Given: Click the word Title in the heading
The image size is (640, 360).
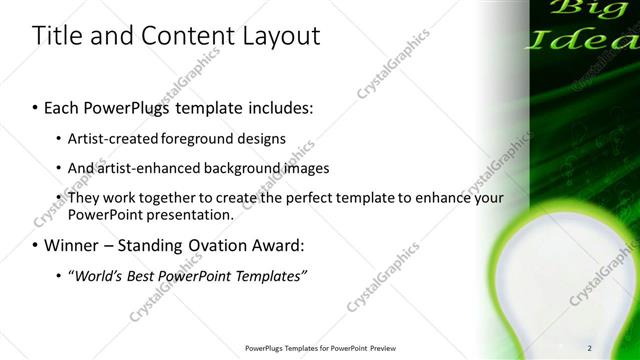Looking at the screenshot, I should [55, 37].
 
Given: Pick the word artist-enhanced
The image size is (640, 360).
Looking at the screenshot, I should [142, 168].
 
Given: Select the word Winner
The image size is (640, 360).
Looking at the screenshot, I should [75, 244].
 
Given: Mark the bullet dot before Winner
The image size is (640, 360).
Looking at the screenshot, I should [36, 245].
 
